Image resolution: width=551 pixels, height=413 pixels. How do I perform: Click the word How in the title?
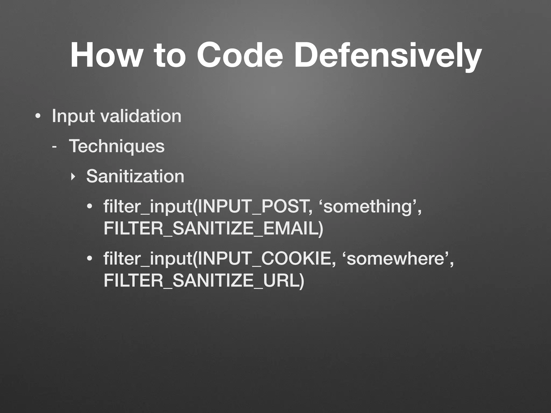[x=105, y=55]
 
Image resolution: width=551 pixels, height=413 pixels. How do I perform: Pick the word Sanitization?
[x=135, y=176]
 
